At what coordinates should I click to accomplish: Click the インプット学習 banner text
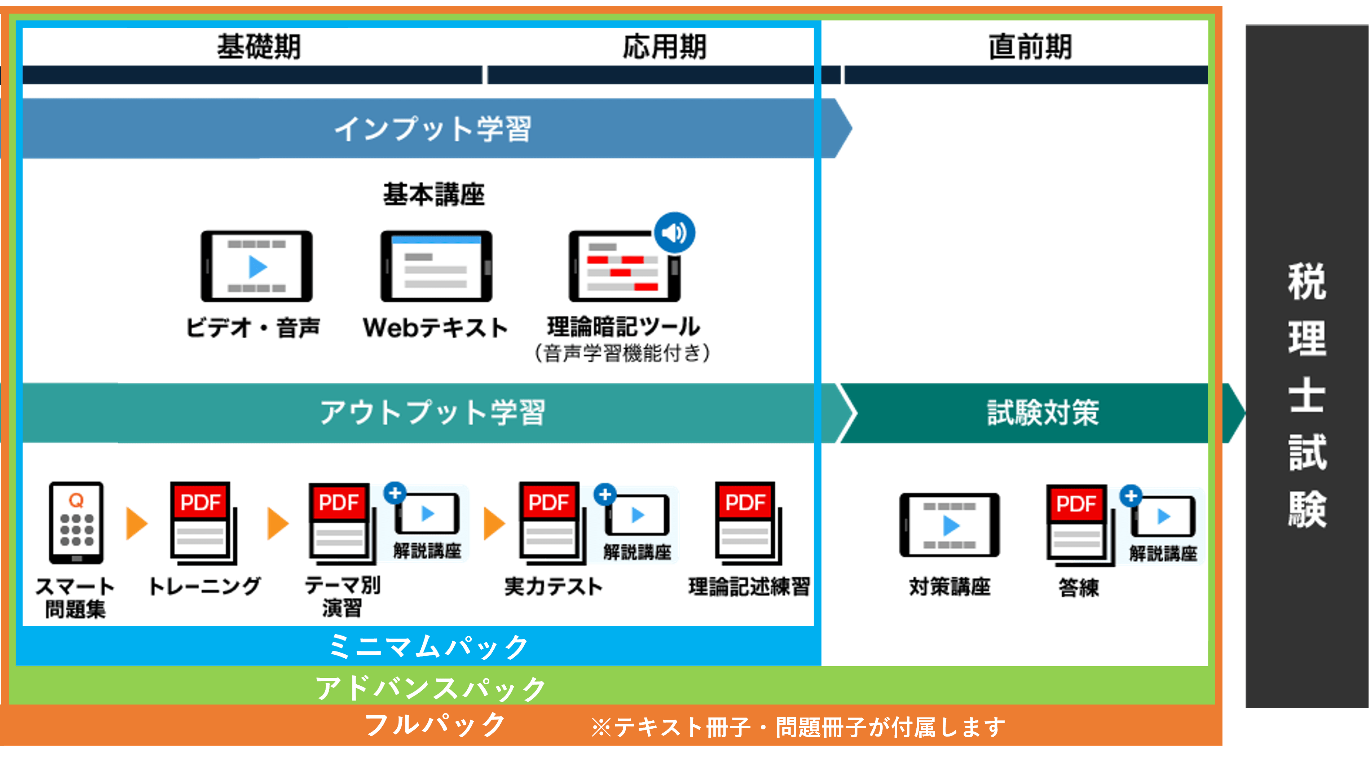coord(432,129)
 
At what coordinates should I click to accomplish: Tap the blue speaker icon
coord(674,233)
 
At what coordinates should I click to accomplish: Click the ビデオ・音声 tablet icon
coord(256,266)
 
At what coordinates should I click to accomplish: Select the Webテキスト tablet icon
coord(436,266)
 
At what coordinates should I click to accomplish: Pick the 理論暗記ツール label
coord(623,327)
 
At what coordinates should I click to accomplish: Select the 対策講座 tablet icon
coord(949,525)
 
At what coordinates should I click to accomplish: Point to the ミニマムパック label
coord(429,647)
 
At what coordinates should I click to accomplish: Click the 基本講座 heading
coord(434,194)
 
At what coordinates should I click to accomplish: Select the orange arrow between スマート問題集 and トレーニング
coord(137,523)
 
